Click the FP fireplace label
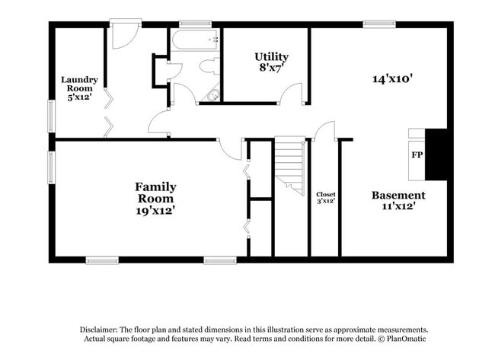pos(417,155)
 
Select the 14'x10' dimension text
pos(393,78)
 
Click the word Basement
pos(398,196)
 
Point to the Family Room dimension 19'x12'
pos(155,211)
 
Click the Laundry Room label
pos(79,84)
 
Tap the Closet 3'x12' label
pos(326,198)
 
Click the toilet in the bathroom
pos(209,66)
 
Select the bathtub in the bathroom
pos(195,40)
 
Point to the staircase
pos(290,166)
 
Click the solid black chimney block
pos(436,155)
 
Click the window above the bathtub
pos(195,24)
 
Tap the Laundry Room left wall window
pos(51,116)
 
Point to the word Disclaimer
pos(99,330)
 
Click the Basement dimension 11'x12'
pos(398,206)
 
